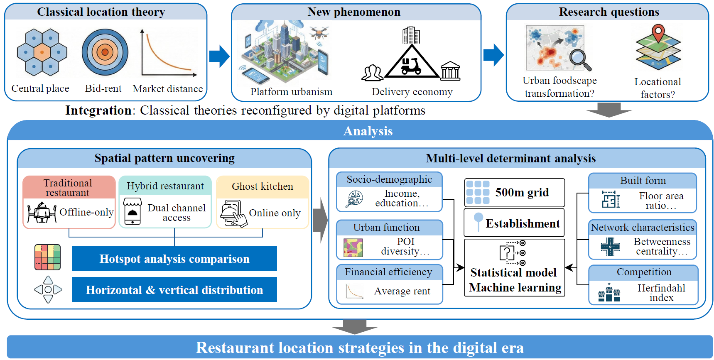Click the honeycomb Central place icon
42,52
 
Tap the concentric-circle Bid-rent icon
105,52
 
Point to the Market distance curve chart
168,54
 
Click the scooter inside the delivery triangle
411,66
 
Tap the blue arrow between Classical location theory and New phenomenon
219,56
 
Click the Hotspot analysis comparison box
174,259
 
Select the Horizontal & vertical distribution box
174,290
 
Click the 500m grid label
522,193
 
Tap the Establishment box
515,223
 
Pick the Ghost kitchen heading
262,186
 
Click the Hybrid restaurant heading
165,186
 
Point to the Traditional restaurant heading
68,188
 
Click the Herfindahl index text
661,293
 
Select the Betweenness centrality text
662,246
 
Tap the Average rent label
402,291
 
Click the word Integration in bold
98,110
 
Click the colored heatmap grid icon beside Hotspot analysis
47,257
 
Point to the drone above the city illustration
319,32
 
